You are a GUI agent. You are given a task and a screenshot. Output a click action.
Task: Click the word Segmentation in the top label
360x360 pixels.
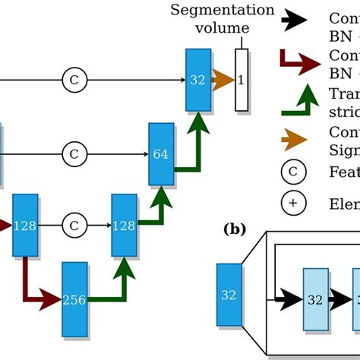pos(222,10)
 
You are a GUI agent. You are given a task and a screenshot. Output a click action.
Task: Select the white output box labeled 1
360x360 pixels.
pos(241,79)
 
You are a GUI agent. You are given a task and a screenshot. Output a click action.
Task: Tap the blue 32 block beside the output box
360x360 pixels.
pos(197,79)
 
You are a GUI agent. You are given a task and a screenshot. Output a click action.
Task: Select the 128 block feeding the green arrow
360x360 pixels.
pos(124,225)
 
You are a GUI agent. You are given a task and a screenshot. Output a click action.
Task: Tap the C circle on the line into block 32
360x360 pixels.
pos(74,79)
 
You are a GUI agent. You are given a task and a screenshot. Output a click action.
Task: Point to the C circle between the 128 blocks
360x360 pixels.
pos(74,226)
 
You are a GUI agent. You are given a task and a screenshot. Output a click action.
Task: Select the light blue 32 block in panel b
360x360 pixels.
pos(315,299)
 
